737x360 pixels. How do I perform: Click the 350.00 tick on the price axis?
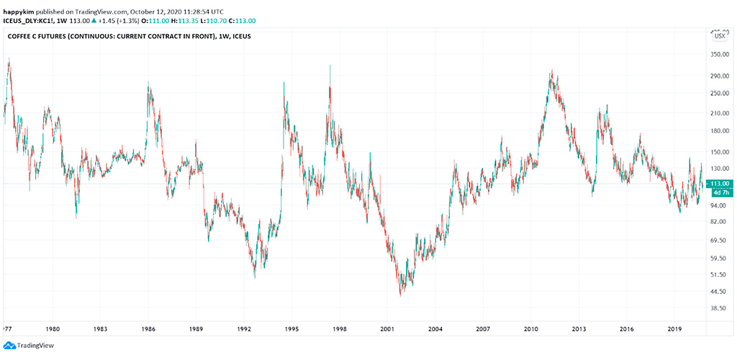click(x=720, y=55)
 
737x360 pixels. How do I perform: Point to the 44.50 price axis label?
click(x=720, y=292)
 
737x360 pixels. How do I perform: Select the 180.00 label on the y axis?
click(x=720, y=131)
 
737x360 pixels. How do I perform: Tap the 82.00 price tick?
click(x=720, y=222)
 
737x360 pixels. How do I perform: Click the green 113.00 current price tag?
click(x=720, y=184)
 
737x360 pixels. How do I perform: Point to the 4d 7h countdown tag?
click(x=720, y=193)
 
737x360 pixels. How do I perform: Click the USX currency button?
click(x=719, y=35)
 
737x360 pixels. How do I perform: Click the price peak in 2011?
click(x=551, y=70)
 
